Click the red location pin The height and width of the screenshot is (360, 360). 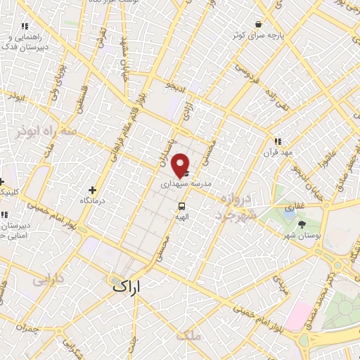(x=181, y=164)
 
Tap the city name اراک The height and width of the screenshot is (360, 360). (x=126, y=286)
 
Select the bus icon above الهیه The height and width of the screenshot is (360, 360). (x=182, y=207)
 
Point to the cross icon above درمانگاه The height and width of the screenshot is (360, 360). (x=92, y=189)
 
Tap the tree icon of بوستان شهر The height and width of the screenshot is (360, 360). (x=302, y=225)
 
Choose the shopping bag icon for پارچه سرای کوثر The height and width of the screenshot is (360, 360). (x=259, y=24)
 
